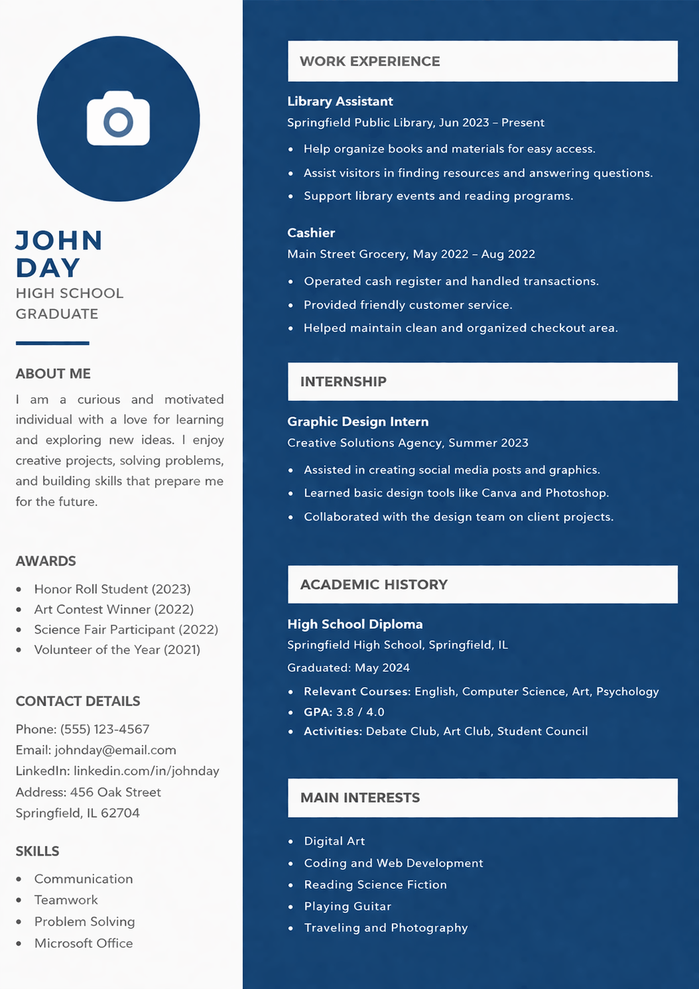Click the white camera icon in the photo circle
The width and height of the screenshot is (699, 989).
pyautogui.click(x=118, y=119)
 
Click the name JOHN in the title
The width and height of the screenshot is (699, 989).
pyautogui.click(x=59, y=241)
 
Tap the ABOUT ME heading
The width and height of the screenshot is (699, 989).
pyautogui.click(x=53, y=373)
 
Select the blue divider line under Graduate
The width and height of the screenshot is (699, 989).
pyautogui.click(x=52, y=343)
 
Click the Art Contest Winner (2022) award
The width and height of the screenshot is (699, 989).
pyautogui.click(x=113, y=609)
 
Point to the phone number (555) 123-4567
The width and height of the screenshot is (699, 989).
pyautogui.click(x=105, y=729)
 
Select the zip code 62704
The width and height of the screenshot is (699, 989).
pyautogui.click(x=120, y=813)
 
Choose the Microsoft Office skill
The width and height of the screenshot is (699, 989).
pyautogui.click(x=84, y=943)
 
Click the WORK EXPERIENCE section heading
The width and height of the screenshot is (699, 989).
pyautogui.click(x=369, y=61)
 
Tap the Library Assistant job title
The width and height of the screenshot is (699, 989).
pyautogui.click(x=340, y=101)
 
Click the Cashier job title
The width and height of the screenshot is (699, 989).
pyautogui.click(x=311, y=233)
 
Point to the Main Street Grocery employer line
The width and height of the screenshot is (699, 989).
pyautogui.click(x=411, y=254)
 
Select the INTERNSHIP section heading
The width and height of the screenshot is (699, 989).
pyautogui.click(x=343, y=381)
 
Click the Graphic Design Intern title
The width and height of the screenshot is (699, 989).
pyautogui.click(x=357, y=422)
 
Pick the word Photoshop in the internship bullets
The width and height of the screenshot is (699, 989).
pyautogui.click(x=575, y=493)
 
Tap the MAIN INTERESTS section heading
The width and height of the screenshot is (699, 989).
pyautogui.click(x=359, y=797)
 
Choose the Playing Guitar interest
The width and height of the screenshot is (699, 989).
pyautogui.click(x=348, y=906)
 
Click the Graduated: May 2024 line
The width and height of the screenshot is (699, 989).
pyautogui.click(x=348, y=667)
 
